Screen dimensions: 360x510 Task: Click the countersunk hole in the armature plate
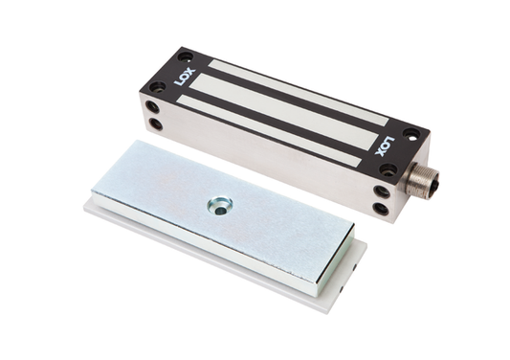coord(220,204)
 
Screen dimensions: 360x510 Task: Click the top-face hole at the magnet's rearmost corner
coord(186,56)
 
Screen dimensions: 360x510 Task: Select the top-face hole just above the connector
coord(387,169)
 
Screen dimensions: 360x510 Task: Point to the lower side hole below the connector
coord(382,208)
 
